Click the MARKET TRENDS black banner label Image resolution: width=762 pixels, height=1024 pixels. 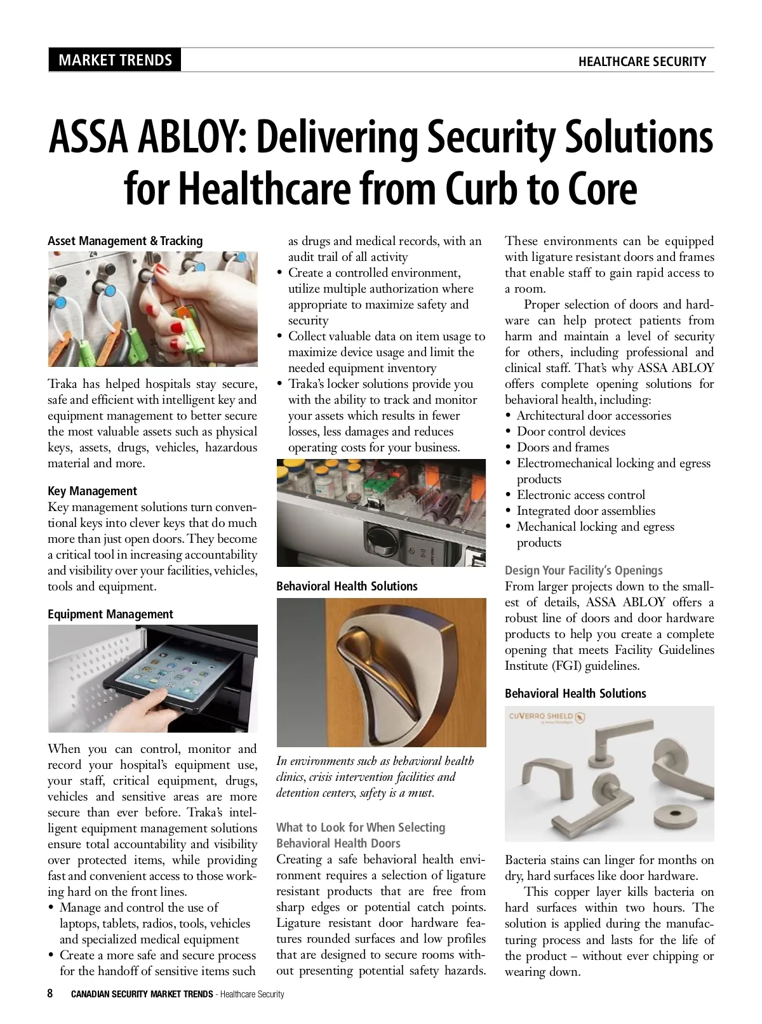[115, 60]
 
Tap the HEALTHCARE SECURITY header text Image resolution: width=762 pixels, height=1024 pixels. [642, 62]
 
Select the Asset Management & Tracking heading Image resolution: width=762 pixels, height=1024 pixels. [125, 241]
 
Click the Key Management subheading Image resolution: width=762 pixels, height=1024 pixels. [92, 491]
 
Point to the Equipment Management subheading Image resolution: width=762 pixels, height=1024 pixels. [110, 614]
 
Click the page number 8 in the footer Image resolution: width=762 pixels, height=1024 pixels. [51, 993]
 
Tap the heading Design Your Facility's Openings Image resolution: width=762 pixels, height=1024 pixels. [584, 570]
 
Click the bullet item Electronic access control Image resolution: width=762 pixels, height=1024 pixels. [580, 495]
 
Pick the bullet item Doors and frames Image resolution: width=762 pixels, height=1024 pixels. [563, 447]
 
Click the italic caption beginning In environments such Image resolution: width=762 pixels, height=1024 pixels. [375, 776]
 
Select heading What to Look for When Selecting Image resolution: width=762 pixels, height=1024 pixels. [361, 827]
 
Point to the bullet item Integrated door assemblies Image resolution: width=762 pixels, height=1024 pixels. [585, 510]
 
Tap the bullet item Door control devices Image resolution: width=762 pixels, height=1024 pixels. [571, 431]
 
